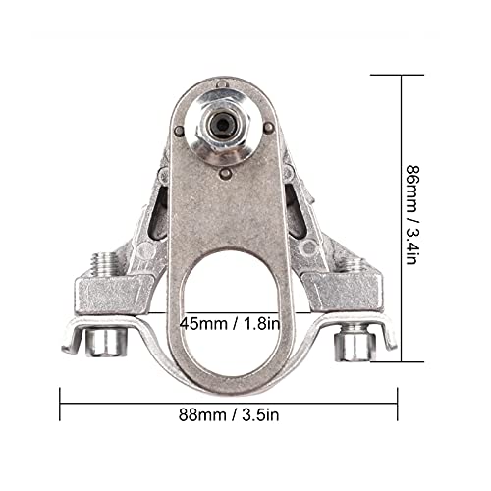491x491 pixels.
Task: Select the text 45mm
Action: [x=202, y=321]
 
